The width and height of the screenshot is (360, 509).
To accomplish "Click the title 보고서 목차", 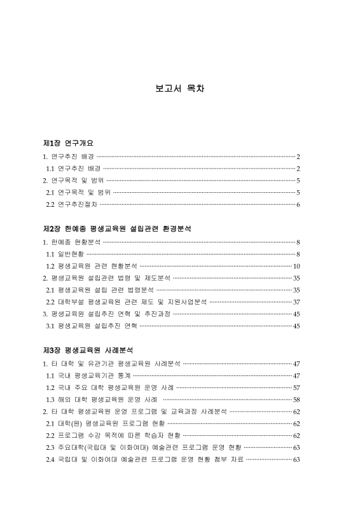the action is [x=179, y=88].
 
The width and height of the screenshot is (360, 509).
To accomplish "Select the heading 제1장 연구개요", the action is [x=68, y=143].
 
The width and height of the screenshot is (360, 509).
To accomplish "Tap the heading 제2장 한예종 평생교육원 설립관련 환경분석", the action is [x=117, y=228].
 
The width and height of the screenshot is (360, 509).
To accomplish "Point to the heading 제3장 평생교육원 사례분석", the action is [x=88, y=349].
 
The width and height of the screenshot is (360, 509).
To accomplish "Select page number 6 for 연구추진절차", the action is [x=298, y=204].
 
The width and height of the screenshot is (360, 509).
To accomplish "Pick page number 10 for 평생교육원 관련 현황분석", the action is [x=296, y=266].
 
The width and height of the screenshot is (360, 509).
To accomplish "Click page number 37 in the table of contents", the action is [x=296, y=302].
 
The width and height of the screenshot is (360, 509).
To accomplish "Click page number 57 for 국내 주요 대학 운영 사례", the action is [x=296, y=387].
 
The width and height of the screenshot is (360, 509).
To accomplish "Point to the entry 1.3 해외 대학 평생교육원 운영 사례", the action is [x=102, y=400].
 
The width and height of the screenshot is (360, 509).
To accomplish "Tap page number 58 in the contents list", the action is [x=296, y=400].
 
